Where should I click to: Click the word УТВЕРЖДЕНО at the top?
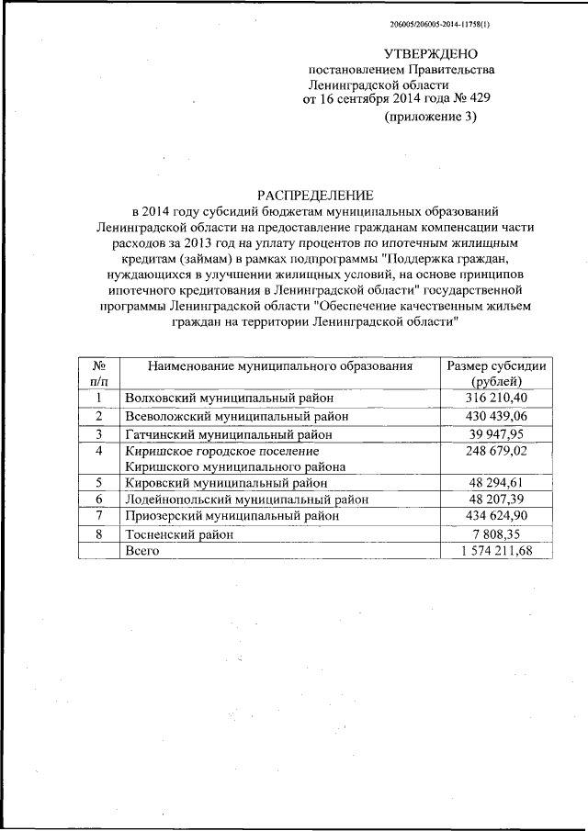click(430, 54)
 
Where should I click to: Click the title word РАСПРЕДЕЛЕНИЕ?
click(314, 195)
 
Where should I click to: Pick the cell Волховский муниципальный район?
click(229, 399)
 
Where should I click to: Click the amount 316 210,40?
click(496, 399)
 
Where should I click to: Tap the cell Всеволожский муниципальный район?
click(236, 416)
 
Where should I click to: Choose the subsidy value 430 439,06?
click(496, 416)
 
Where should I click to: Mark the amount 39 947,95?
click(496, 433)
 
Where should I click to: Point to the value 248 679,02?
click(496, 451)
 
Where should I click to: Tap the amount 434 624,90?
click(496, 517)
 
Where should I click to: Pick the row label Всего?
click(142, 550)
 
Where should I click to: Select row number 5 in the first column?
click(99, 483)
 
